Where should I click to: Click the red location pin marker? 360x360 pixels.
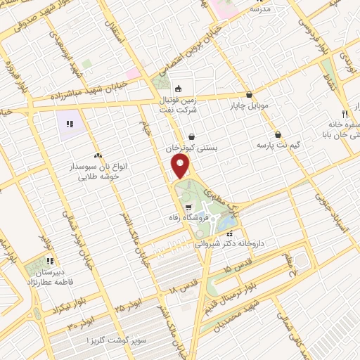[x=181, y=166]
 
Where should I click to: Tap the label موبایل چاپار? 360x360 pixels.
[x=250, y=105]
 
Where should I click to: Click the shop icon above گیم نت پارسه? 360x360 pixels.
[x=278, y=134]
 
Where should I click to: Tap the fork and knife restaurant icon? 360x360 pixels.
[x=345, y=114]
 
